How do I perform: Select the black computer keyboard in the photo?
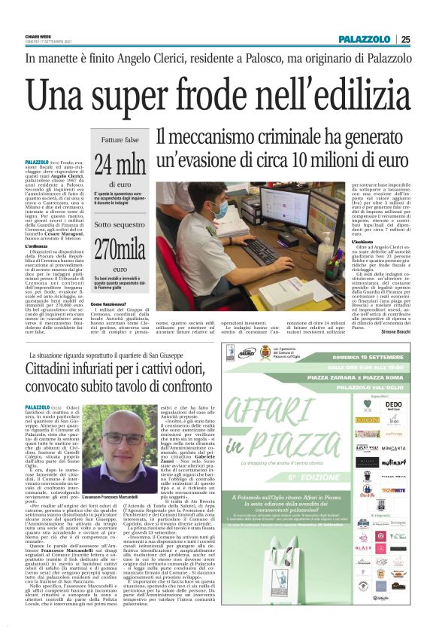click(x=265, y=251)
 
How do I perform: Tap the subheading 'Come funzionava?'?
click(x=112, y=304)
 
